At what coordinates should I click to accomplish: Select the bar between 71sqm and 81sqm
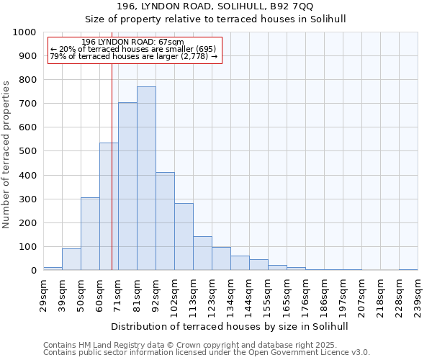pos(127,186)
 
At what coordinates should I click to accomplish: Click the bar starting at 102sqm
pos(184,237)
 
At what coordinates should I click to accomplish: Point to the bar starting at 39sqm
pos(71,259)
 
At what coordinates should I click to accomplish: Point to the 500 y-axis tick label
pos(27,151)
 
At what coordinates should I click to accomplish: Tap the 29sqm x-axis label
pos(44,294)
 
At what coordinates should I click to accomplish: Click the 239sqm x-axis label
pos(418,294)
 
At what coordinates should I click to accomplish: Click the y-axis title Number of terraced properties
pos(6,155)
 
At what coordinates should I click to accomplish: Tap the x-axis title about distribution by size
pos(230,326)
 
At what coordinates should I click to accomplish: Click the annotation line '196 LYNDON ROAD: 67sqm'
pos(133,42)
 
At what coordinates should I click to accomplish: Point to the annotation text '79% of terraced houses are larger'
pos(133,56)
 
